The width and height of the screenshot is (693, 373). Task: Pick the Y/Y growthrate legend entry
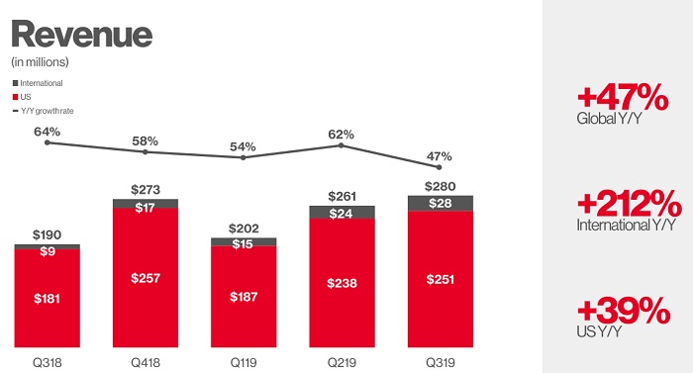click(46, 110)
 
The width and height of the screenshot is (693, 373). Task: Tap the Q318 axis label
click(47, 360)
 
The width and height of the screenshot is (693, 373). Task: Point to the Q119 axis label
click(244, 360)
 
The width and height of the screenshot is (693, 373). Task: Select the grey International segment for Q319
click(441, 203)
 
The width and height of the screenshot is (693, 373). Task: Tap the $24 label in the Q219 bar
click(342, 212)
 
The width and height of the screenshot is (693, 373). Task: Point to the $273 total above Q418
click(145, 188)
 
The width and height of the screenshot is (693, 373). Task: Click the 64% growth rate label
click(47, 131)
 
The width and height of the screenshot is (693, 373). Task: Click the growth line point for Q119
click(244, 157)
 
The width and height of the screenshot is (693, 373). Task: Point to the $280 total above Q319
click(441, 184)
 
